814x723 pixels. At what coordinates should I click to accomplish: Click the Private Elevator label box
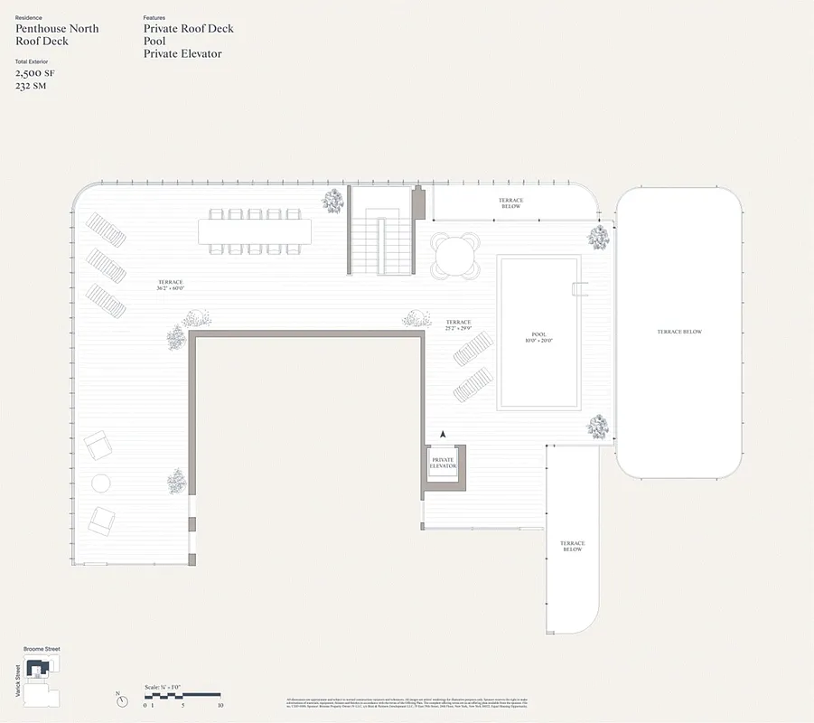click(x=444, y=464)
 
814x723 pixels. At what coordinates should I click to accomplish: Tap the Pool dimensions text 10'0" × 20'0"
click(x=538, y=342)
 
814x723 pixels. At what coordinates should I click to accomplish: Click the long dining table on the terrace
click(x=255, y=231)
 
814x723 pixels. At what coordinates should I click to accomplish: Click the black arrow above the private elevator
click(x=444, y=435)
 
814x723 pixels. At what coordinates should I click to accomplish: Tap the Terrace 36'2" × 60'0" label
click(x=170, y=286)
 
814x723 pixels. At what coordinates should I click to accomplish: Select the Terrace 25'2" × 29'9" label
click(x=459, y=325)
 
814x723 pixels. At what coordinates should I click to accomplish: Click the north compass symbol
click(x=120, y=700)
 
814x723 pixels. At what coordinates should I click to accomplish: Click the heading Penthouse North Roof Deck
click(x=57, y=34)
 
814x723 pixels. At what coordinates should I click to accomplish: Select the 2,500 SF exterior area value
click(x=33, y=73)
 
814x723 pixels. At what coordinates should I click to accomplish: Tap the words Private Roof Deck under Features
click(x=188, y=28)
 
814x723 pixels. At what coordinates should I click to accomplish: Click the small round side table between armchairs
click(x=100, y=483)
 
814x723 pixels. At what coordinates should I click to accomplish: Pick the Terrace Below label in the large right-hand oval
click(x=679, y=332)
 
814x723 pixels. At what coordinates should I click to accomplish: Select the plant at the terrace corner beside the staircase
click(x=333, y=201)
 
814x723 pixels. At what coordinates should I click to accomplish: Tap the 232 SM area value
click(x=31, y=86)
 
